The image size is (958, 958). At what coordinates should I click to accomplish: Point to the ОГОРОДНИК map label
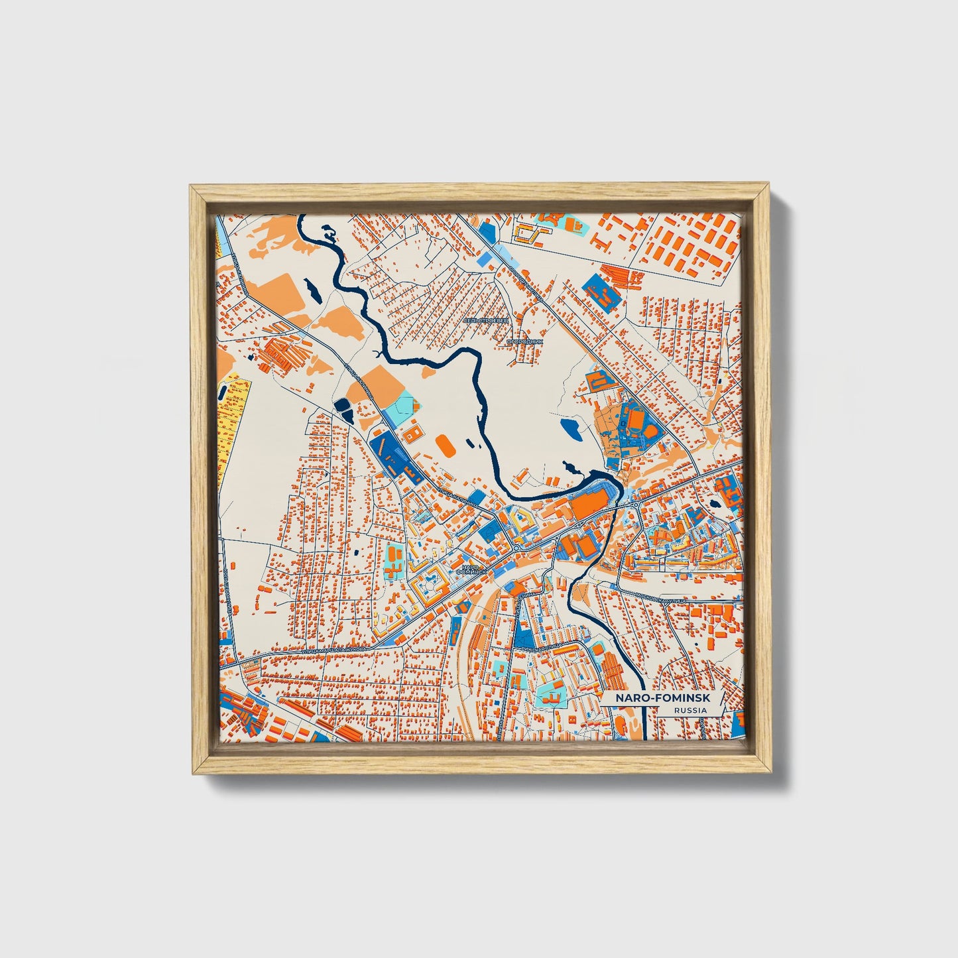pyautogui.click(x=525, y=341)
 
